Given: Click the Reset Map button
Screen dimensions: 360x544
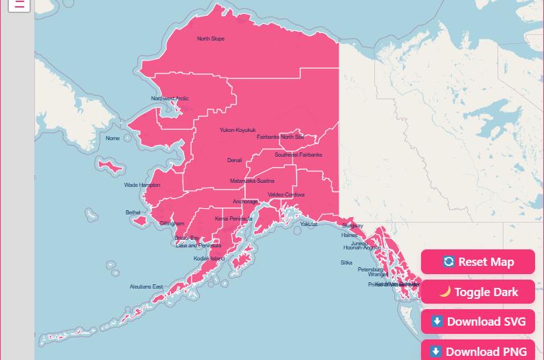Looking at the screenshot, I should point(478,262).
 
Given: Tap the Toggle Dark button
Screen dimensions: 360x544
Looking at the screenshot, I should point(478,292).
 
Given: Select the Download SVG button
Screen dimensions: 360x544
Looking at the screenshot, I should point(478,322).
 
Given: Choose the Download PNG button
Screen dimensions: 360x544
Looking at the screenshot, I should point(478,351).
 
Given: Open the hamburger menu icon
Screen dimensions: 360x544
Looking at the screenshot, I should point(20,4).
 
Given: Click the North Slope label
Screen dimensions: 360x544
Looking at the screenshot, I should point(211,38).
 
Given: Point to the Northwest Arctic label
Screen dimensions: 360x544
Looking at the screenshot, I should point(170,98).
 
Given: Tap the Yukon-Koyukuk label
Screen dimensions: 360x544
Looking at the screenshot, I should point(238,130).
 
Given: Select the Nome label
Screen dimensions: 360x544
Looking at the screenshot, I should point(113,138).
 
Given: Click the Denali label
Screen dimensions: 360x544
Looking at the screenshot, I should point(235,160).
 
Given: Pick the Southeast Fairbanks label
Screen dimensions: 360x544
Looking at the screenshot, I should point(298,155).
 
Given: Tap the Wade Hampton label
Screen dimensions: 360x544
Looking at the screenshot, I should point(142,185).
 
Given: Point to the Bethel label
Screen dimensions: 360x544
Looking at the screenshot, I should point(133,212).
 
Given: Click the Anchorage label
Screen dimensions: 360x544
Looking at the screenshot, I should point(246,201).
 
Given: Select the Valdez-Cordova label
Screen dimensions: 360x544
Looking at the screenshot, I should point(286,194).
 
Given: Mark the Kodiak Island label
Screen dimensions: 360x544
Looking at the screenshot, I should point(209,258).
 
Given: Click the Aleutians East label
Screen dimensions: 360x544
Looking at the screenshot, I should point(147,286).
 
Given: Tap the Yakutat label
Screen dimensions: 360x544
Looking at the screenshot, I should point(309,224).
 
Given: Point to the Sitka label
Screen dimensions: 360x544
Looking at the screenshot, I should point(346,262).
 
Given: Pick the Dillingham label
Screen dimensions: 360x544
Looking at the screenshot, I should point(172,224).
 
